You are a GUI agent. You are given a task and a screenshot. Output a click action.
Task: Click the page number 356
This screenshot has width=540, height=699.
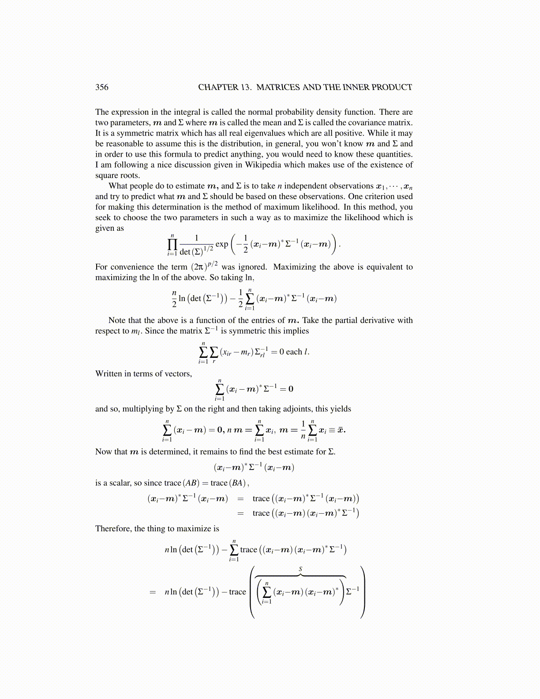101,87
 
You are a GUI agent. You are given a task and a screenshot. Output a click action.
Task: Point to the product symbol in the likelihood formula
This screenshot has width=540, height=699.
172,244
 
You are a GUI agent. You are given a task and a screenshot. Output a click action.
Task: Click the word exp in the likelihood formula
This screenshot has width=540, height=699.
221,244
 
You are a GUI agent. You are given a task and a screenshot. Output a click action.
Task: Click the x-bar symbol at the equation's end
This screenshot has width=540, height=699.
340,430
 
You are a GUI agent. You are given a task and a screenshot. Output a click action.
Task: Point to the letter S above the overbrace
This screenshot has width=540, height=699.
300,569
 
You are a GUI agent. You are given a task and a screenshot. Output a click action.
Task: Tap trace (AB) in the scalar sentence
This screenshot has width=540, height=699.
190,483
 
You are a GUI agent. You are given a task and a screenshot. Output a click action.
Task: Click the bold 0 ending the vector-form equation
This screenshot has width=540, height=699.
291,389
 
